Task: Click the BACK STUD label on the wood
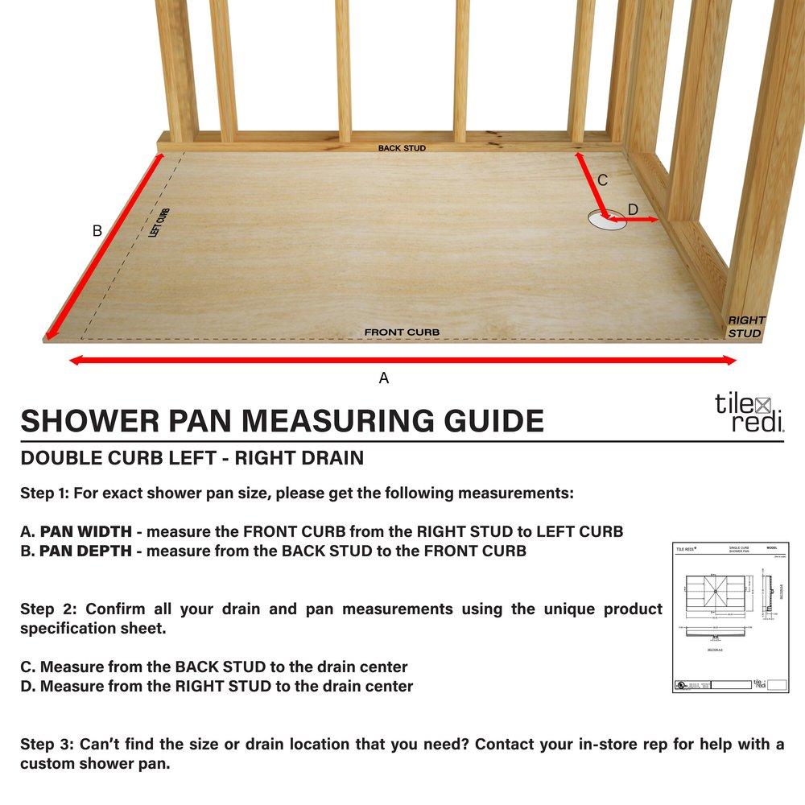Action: click(402, 148)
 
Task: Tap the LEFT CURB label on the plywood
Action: click(159, 223)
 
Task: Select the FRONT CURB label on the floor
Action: click(402, 332)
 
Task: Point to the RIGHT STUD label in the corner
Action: click(746, 326)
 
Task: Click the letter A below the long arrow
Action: click(384, 378)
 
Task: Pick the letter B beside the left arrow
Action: click(97, 231)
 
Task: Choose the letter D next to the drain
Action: click(633, 209)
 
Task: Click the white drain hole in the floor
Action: click(607, 220)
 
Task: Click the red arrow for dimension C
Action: click(590, 181)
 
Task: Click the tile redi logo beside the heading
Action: click(749, 413)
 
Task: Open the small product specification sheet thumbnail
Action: click(731, 617)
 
